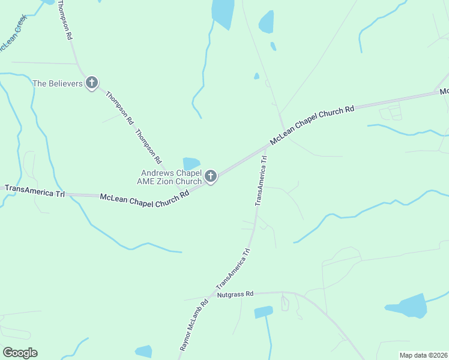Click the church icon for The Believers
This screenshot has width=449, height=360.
coord(91,83)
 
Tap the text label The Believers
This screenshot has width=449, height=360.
coord(57,84)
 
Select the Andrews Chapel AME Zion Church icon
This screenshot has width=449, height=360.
coord(210,176)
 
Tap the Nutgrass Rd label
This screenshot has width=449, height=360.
coord(235,295)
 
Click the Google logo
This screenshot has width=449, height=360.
coord(20,352)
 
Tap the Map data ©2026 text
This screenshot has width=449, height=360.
coord(423,355)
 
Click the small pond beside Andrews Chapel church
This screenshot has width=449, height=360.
coord(191,163)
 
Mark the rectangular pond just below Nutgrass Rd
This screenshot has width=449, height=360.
coord(263,312)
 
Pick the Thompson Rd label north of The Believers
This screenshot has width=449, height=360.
coord(64,20)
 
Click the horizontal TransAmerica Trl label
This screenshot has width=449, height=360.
coord(34,191)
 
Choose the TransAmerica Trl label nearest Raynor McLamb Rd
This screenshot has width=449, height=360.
coord(232,268)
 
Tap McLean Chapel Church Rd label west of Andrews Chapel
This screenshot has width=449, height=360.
coord(144,197)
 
